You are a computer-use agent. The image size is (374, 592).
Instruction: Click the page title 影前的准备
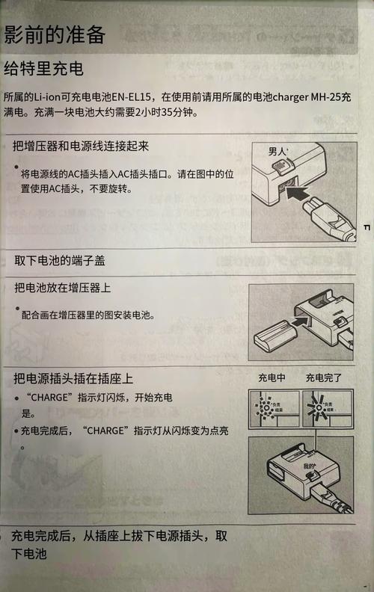tap(54, 34)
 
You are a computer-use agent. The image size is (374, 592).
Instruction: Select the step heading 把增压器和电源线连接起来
tap(82, 146)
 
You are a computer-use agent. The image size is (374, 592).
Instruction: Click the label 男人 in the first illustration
tap(278, 152)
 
